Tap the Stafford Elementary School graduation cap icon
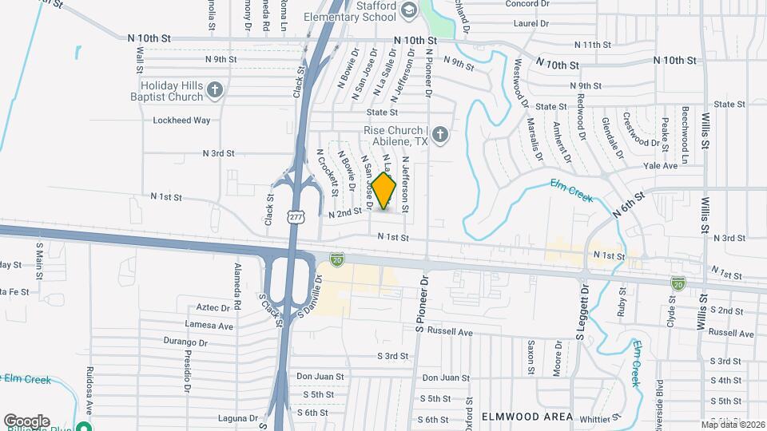tap(409, 10)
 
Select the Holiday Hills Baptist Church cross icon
tap(214, 90)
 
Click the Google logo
tap(26, 421)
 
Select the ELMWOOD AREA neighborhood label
tap(527, 417)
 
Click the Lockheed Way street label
tap(181, 121)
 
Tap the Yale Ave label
tap(661, 166)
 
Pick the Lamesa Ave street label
tap(209, 326)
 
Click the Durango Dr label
tap(185, 342)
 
